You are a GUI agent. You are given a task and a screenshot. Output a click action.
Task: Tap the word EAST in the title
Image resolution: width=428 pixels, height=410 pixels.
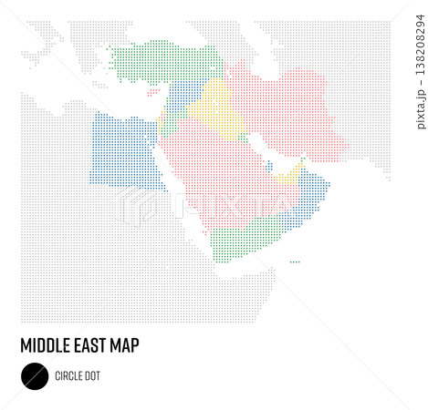coord(91,346)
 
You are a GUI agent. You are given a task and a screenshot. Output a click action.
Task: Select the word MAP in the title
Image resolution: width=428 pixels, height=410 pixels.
coord(125,346)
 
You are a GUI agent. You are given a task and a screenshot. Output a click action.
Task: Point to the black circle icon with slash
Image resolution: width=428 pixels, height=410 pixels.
coord(34,374)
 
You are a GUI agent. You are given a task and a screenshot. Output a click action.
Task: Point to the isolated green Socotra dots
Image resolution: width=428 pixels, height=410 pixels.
coord(294,262)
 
